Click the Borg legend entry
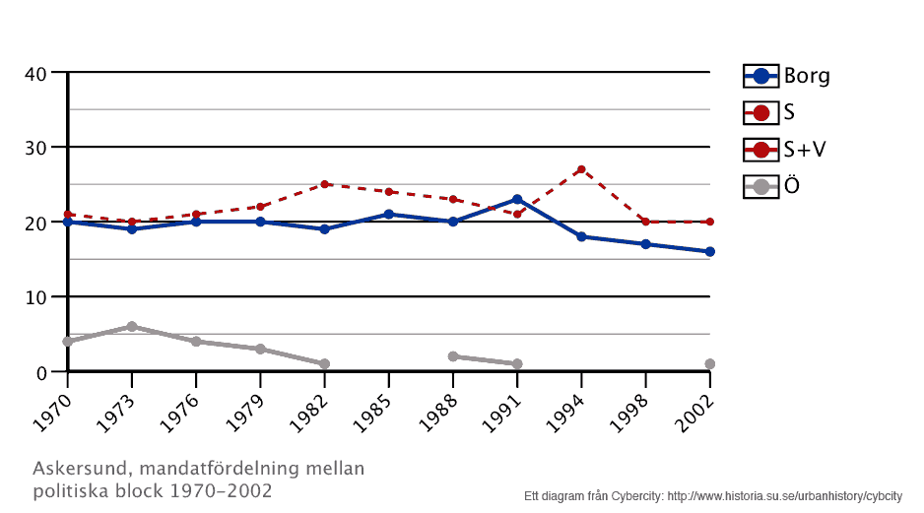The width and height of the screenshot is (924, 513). [786, 76]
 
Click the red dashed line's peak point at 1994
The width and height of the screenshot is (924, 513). [581, 169]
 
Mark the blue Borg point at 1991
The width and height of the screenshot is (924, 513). [517, 200]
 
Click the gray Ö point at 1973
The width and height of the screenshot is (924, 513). [132, 326]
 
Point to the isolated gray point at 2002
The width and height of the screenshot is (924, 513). [709, 363]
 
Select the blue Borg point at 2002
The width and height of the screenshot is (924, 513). [709, 252]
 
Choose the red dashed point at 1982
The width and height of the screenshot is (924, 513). [324, 184]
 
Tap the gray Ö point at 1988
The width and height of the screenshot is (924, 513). [453, 356]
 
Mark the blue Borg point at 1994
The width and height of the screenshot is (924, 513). [581, 236]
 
